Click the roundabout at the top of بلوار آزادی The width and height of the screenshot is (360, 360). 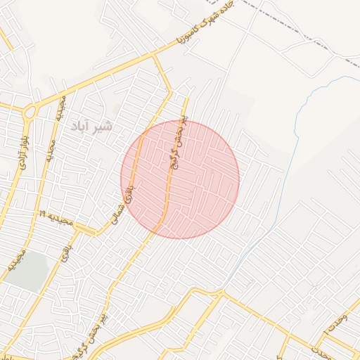coord(30,111)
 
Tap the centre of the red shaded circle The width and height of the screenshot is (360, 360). coord(180,180)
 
